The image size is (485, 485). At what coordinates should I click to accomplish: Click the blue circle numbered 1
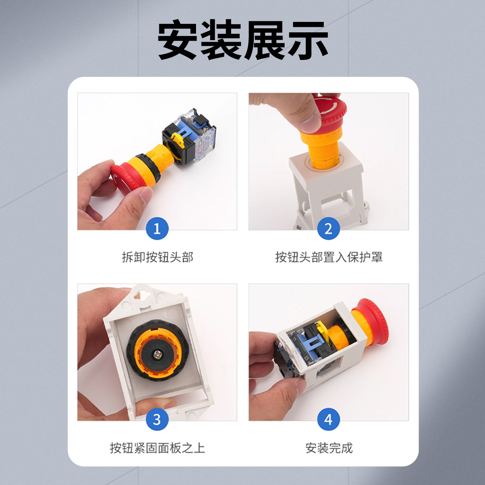click(x=157, y=229)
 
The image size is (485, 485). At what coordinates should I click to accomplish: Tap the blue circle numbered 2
click(x=328, y=229)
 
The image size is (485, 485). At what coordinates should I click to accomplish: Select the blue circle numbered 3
click(x=157, y=419)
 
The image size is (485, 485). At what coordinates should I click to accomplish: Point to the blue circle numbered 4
click(x=328, y=419)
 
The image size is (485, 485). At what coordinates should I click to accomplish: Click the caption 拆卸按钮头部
click(x=157, y=257)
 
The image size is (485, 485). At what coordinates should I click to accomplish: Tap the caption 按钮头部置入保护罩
click(x=329, y=257)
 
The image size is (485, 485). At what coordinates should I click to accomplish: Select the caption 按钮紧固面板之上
click(x=157, y=448)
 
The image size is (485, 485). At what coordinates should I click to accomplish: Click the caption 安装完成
click(x=329, y=448)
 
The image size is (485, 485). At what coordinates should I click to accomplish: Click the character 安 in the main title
click(x=178, y=40)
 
